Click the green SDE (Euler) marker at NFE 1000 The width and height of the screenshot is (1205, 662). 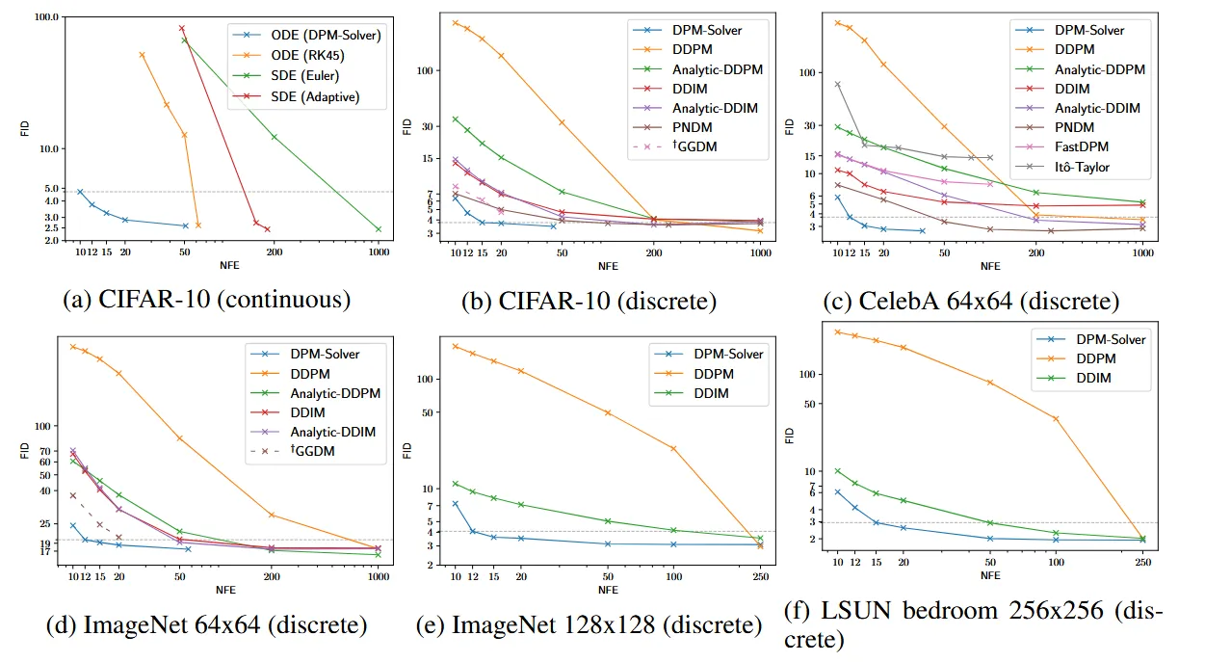pos(379,229)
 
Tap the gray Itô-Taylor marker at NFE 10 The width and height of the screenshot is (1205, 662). pos(837,84)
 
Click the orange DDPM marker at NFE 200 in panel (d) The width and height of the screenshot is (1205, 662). pos(272,515)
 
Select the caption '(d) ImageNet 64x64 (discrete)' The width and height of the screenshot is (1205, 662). pos(206,624)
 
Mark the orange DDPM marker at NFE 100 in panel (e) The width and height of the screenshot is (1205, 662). pos(674,448)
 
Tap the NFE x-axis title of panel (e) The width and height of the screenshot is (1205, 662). pos(608,590)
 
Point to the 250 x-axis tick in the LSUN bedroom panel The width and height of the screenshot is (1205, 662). pos(1142,561)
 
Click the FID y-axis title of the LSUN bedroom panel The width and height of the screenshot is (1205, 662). pos(789,436)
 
